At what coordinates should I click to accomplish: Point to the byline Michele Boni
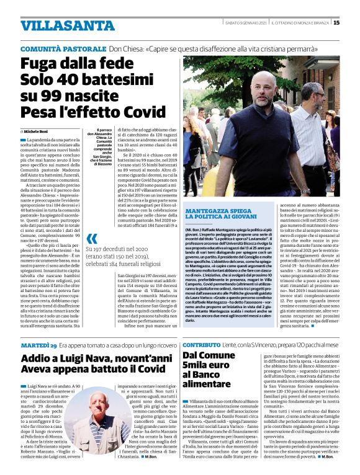click(x=40, y=132)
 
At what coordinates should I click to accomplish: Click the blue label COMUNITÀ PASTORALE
click(x=62, y=48)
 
